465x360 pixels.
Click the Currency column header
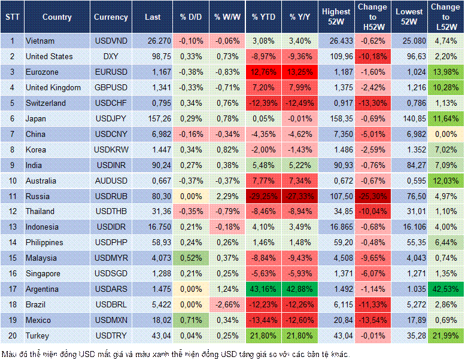pyautogui.click(x=111, y=17)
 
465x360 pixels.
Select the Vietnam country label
pyautogui.click(x=40, y=41)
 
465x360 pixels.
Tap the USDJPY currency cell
pyautogui.click(x=111, y=119)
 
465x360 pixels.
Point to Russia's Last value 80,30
pyautogui.click(x=153, y=196)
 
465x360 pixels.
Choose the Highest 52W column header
pyautogui.click(x=336, y=17)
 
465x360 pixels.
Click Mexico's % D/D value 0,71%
pyautogui.click(x=191, y=321)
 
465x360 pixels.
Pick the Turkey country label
pyautogui.click(x=38, y=336)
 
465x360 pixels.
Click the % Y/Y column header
pyautogui.click(x=300, y=17)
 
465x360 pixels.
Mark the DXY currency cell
pyautogui.click(x=111, y=57)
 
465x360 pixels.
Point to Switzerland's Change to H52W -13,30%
pyautogui.click(x=373, y=103)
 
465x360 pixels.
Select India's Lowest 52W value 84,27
pyautogui.click(x=409, y=165)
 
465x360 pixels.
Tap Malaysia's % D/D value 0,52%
pyautogui.click(x=191, y=258)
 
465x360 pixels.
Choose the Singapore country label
pyautogui.click(x=42, y=274)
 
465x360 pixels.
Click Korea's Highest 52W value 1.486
pyautogui.click(x=336, y=150)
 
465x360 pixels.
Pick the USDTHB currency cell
pyautogui.click(x=111, y=212)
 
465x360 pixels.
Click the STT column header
pyautogui.click(x=12, y=17)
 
